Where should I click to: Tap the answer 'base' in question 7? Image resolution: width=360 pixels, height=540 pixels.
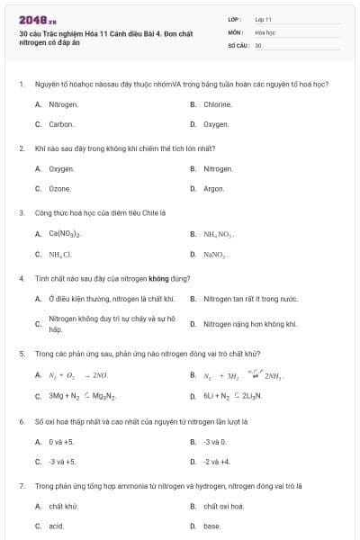pyautogui.click(x=211, y=526)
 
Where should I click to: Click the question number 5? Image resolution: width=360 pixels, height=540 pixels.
pyautogui.click(x=22, y=354)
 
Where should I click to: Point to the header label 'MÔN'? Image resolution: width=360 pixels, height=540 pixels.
pyautogui.click(x=235, y=31)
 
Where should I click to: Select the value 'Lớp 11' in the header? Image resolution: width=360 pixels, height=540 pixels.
pyautogui.click(x=264, y=18)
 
